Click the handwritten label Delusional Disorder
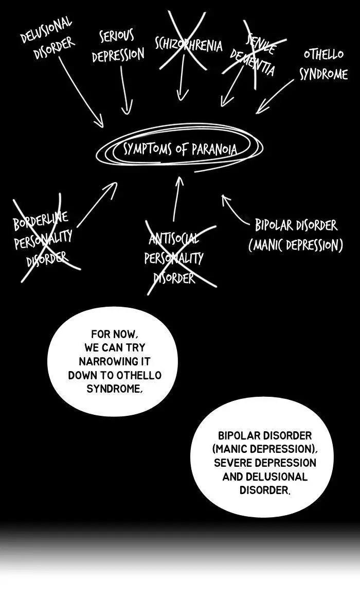coord(47,38)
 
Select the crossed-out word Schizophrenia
coord(189,45)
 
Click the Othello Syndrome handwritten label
coord(323,64)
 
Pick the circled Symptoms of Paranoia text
coord(180,149)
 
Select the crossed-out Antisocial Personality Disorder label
coord(174,257)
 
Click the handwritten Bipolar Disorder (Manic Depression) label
coord(296,235)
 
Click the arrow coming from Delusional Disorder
coord(81,92)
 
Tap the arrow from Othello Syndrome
coord(275,96)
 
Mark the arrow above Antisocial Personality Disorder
coord(177,199)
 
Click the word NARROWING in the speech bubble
coord(115,361)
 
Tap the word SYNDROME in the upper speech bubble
coord(114,389)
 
